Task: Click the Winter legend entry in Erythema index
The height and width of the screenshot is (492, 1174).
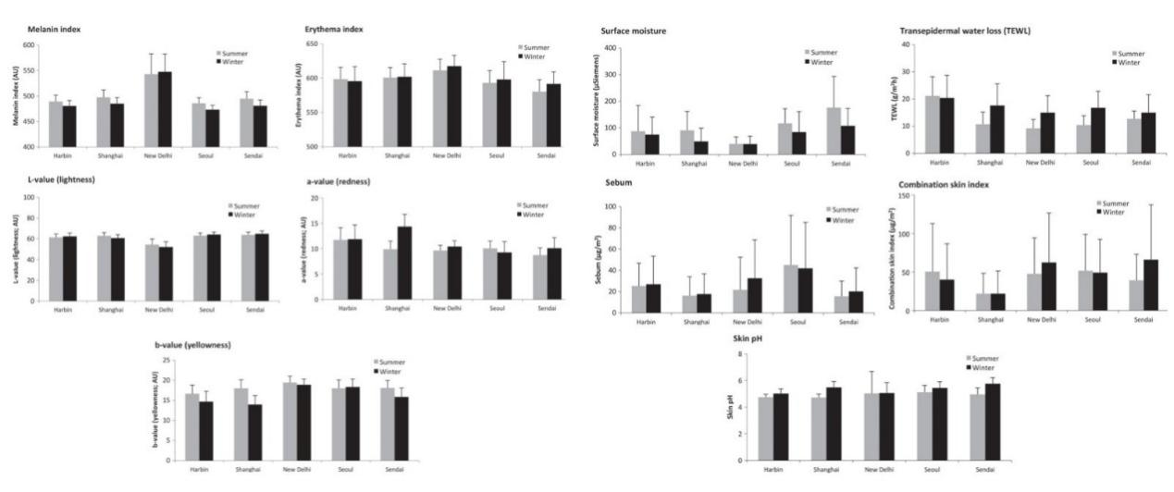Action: (535, 56)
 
